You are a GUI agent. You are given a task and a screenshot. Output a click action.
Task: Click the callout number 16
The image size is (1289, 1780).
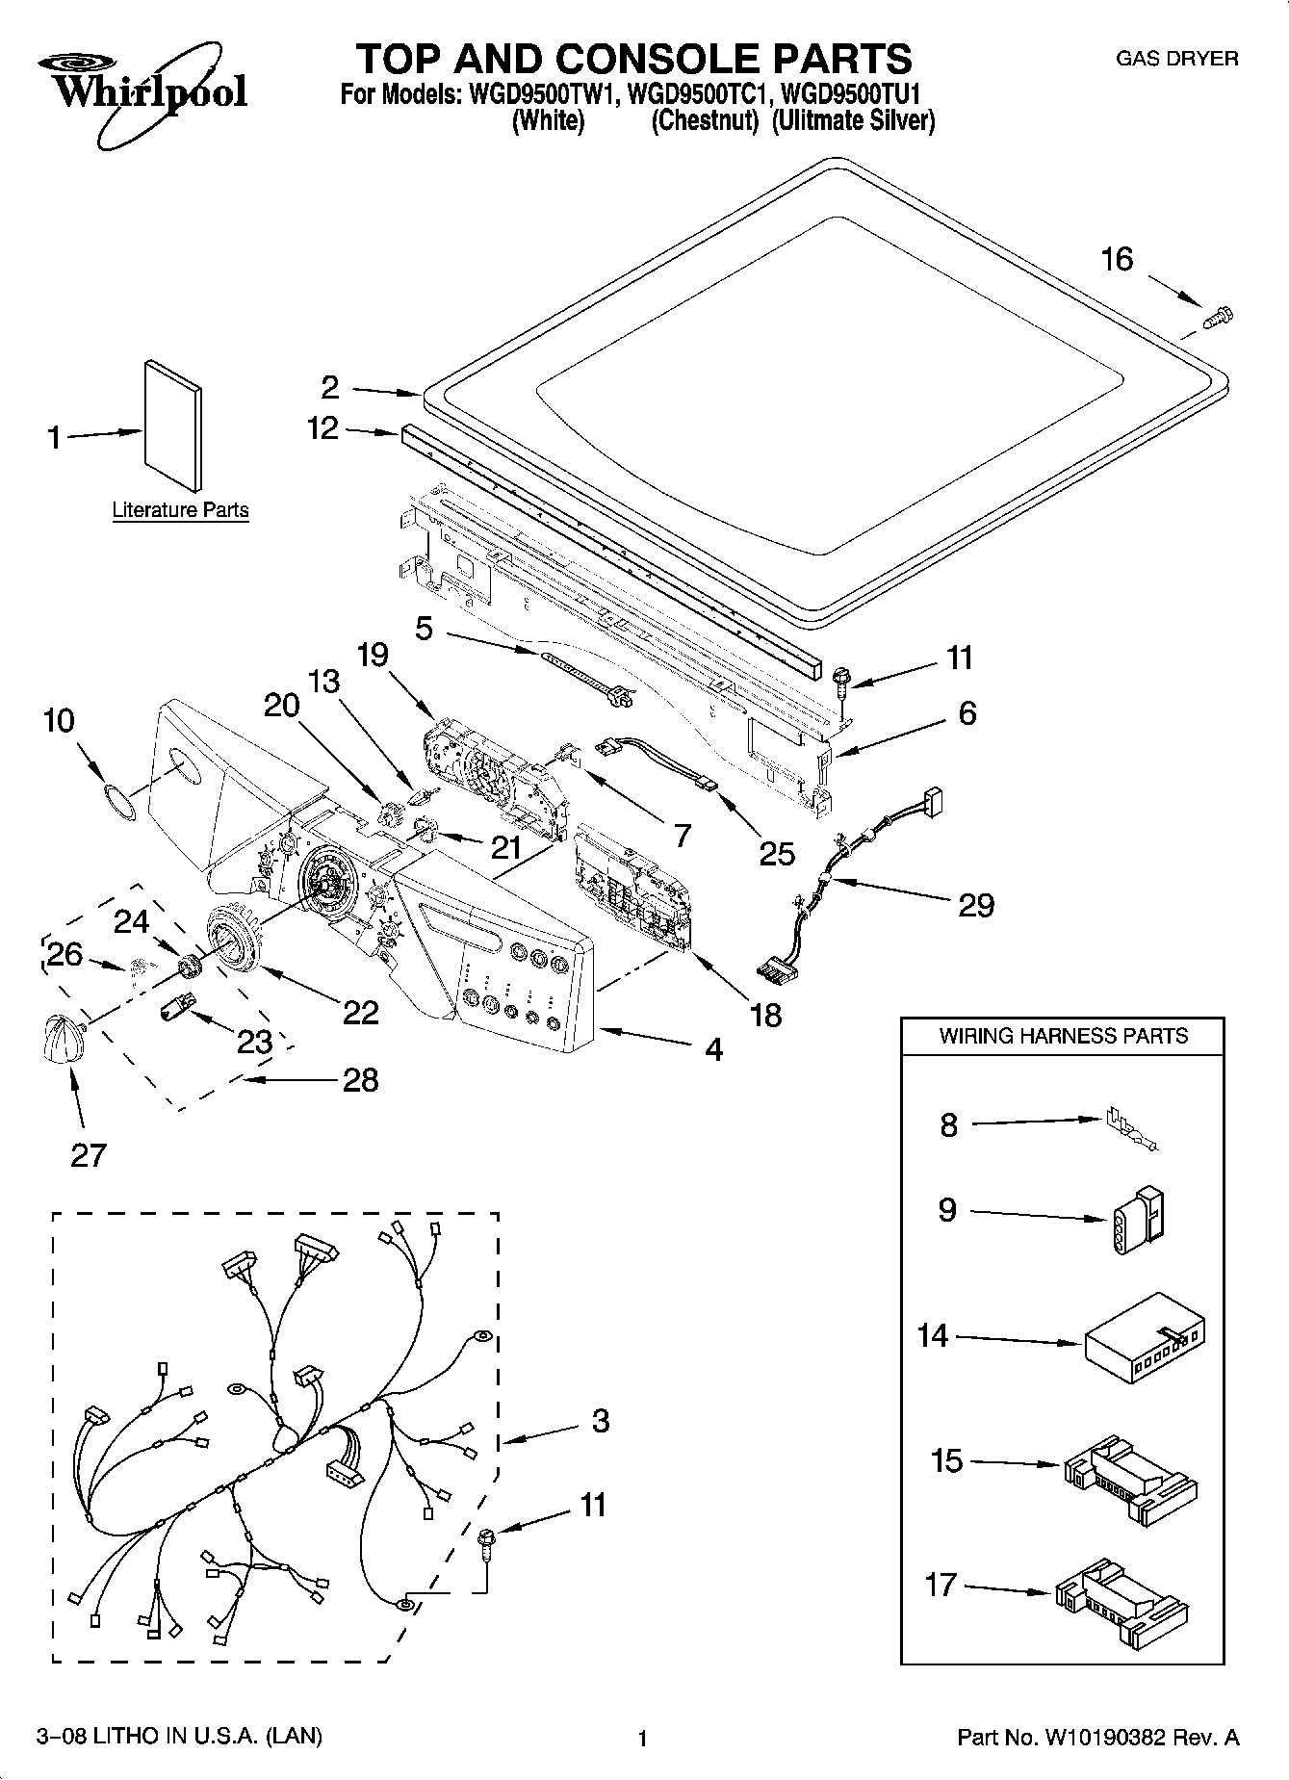pyautogui.click(x=1117, y=259)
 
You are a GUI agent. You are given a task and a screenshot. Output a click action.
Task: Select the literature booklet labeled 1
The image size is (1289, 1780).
pyautogui.click(x=173, y=426)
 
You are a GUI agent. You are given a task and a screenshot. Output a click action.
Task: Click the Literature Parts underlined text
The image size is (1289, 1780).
pyautogui.click(x=180, y=510)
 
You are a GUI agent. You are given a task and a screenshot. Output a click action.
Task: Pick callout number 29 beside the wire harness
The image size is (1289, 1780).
pyautogui.click(x=975, y=905)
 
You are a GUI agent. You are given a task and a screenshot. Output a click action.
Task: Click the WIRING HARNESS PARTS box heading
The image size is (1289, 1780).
pyautogui.click(x=1063, y=1036)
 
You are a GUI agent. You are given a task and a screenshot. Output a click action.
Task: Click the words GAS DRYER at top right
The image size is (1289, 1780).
pyautogui.click(x=1176, y=59)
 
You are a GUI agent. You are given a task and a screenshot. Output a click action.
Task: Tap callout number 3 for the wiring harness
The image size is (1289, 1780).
pyautogui.click(x=600, y=1420)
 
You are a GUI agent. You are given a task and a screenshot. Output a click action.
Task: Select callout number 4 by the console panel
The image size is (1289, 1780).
pyautogui.click(x=712, y=1048)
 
